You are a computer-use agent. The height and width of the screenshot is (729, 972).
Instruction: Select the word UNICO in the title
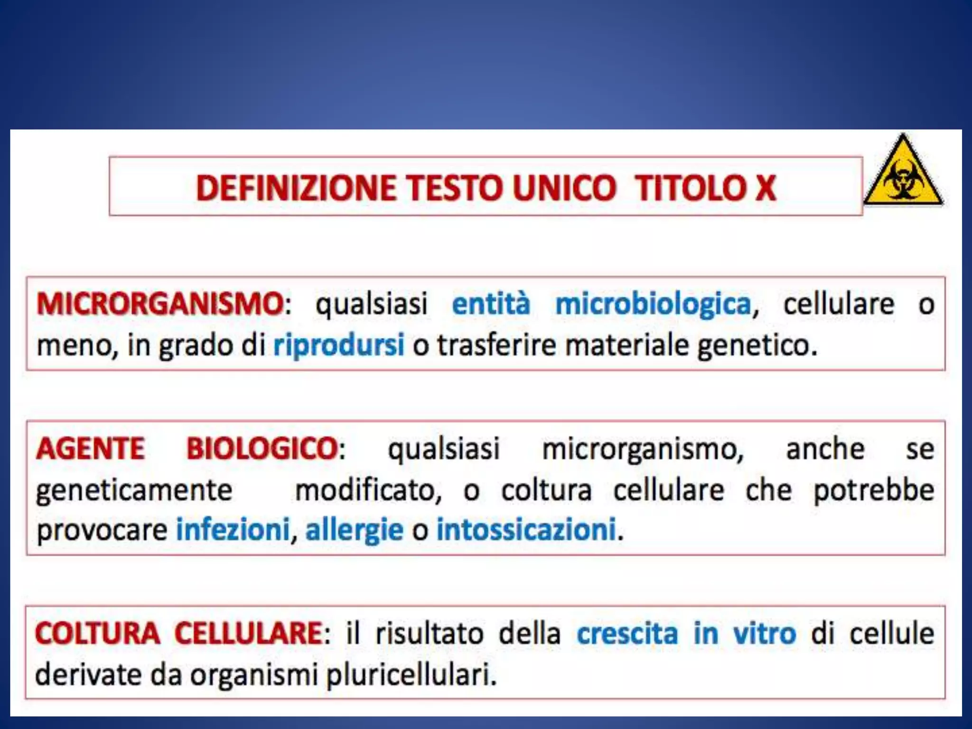point(564,188)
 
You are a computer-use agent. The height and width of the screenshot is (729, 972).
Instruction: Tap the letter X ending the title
point(765,188)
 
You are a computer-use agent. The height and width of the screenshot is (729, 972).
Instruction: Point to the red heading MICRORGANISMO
point(160,304)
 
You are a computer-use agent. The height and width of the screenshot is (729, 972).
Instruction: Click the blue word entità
point(491,304)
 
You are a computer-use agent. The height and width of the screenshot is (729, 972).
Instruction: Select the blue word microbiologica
point(653,304)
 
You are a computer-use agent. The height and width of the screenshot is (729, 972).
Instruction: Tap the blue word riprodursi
point(339,345)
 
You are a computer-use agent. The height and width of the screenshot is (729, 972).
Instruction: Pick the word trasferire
point(496,345)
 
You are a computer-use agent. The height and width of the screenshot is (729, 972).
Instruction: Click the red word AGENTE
point(90,449)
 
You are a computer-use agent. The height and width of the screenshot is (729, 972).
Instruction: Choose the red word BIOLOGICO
point(262,449)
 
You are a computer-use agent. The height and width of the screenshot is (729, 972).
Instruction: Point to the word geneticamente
point(134,491)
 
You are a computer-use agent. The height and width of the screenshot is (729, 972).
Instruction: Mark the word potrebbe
point(874,490)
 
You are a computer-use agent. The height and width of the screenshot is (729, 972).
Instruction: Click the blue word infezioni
point(233,530)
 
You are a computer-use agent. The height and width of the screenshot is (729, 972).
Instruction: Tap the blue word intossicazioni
point(526,530)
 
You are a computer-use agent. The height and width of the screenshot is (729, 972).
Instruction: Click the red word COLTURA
point(97,633)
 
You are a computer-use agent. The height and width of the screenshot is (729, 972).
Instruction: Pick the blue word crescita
point(627,633)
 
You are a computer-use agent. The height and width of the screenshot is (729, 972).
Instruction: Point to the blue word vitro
point(764,633)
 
